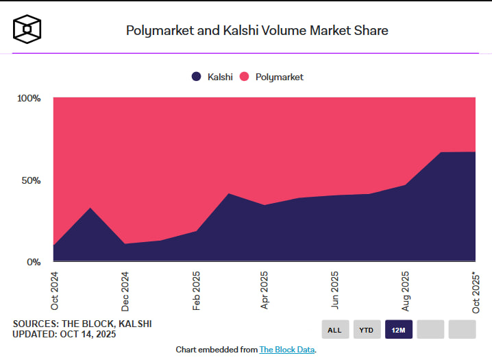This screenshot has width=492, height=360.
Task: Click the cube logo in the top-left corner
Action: [27, 29]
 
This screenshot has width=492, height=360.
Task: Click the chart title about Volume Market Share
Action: [256, 30]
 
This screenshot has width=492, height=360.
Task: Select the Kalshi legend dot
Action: [197, 77]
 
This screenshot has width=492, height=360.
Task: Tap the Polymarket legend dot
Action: [245, 77]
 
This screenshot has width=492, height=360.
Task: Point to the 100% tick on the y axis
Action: [29, 98]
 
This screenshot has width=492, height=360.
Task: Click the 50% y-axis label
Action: [31, 180]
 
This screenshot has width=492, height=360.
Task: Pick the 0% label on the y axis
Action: [34, 262]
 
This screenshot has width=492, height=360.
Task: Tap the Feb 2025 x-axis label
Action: [196, 291]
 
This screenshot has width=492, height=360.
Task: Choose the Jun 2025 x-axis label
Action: [335, 291]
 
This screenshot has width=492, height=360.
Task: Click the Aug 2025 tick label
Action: [405, 291]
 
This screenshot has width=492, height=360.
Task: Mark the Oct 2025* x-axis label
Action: [476, 293]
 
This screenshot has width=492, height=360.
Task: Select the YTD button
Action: [367, 330]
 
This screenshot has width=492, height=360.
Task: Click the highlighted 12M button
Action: [399, 330]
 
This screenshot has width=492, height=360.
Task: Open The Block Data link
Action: [287, 350]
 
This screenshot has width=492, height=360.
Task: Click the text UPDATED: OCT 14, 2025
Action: [64, 335]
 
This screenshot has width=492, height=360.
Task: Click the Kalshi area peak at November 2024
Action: [90, 208]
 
